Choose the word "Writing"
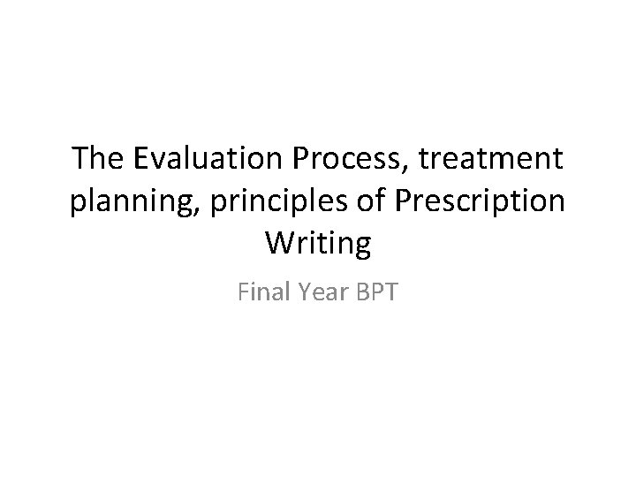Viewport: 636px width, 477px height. pos(318,243)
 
